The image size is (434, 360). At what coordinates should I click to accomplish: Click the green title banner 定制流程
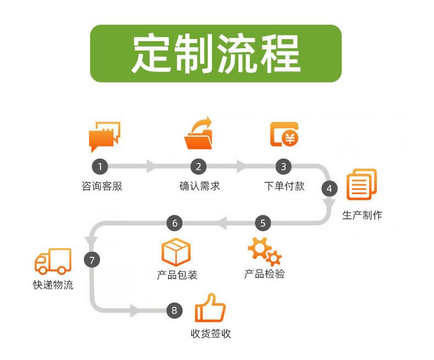click(216, 53)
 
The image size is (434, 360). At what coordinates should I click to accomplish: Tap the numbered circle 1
click(100, 166)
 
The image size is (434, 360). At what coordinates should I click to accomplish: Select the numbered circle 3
click(283, 166)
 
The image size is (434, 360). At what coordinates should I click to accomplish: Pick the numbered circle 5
click(263, 223)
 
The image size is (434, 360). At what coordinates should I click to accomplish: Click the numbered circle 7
click(92, 260)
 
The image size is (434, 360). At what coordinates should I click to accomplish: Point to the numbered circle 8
click(174, 311)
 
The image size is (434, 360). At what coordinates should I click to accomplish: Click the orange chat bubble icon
click(104, 135)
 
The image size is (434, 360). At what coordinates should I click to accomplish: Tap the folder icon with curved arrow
click(199, 133)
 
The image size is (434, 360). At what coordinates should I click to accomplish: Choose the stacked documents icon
click(361, 184)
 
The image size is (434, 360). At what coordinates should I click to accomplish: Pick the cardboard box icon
click(176, 252)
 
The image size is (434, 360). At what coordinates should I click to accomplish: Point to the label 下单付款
click(284, 186)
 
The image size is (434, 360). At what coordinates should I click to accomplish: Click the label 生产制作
click(362, 215)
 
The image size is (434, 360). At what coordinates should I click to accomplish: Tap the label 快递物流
click(53, 285)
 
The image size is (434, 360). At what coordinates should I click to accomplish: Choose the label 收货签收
click(211, 333)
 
